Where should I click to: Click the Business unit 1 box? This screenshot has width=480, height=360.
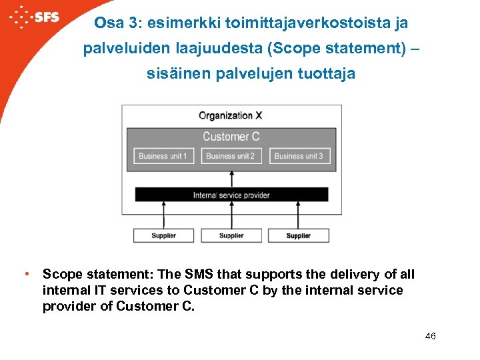tap(163, 156)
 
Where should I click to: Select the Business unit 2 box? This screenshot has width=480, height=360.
tap(231, 156)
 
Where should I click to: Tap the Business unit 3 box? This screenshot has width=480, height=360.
tap(299, 156)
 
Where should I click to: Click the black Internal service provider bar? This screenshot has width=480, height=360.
tap(231, 195)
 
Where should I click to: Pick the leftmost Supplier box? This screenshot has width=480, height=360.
tap(163, 235)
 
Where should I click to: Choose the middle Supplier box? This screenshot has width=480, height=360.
tap(231, 235)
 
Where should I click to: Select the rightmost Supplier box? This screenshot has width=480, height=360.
tap(298, 235)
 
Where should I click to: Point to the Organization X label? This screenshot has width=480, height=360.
tap(231, 115)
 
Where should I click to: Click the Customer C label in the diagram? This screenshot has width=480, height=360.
tap(231, 137)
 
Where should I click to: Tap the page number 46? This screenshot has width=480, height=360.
tap(430, 336)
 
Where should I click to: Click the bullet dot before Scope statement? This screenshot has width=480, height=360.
tap(25, 274)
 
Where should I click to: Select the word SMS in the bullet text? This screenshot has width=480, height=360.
tap(204, 274)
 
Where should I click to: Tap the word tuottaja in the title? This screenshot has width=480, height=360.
tap(327, 74)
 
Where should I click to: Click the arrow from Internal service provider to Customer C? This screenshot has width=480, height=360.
tap(231, 179)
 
